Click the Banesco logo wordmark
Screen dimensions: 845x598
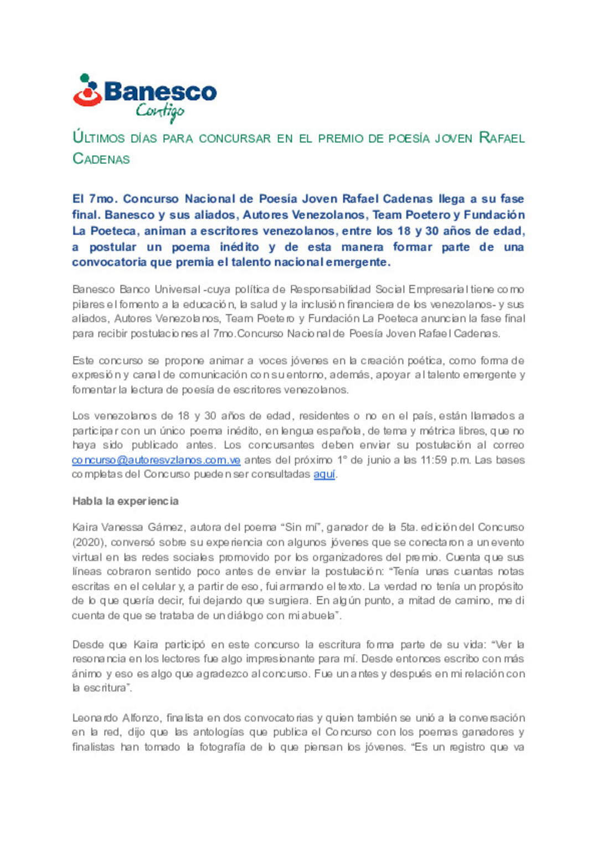pyautogui.click(x=160, y=92)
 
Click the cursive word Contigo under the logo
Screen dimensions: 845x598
pyautogui.click(x=159, y=111)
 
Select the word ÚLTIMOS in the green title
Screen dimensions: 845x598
pyautogui.click(x=100, y=138)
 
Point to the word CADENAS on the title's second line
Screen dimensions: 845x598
pyautogui.click(x=101, y=159)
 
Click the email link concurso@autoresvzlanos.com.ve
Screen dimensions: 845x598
pyautogui.click(x=156, y=460)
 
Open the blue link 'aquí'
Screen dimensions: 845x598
pyautogui.click(x=324, y=475)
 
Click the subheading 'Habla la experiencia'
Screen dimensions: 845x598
pyautogui.click(x=126, y=501)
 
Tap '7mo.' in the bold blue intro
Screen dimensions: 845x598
pyautogui.click(x=101, y=199)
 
